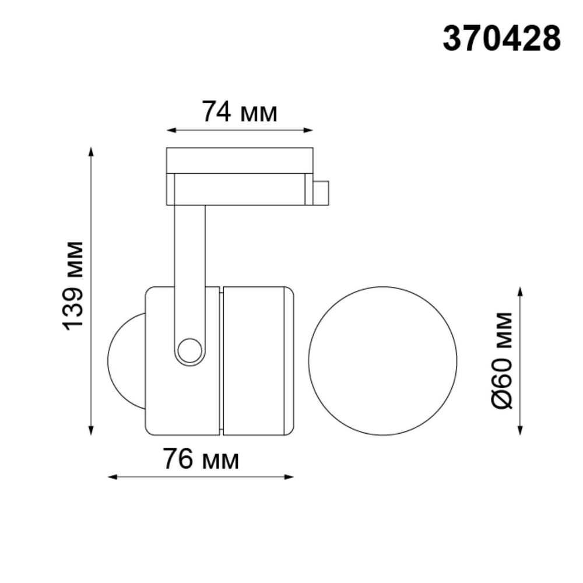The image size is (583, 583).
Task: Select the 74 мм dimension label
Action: [239, 112]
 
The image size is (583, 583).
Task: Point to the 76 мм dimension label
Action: [201, 460]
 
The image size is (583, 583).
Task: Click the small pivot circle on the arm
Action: [189, 351]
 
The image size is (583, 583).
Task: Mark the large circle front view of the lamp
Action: [382, 361]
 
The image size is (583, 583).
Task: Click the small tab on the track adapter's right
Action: [321, 193]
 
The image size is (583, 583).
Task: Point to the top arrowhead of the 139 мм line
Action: [91, 152]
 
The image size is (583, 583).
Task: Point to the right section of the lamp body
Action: [257, 361]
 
